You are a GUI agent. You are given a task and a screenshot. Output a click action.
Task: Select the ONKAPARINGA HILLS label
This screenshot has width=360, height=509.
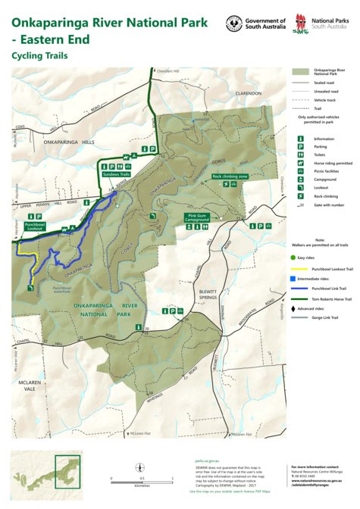click(68, 142)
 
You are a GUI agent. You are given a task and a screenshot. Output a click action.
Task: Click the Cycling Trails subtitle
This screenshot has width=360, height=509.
click(39, 55)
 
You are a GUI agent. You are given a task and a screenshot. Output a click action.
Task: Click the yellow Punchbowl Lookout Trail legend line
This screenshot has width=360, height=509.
click(302, 267)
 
